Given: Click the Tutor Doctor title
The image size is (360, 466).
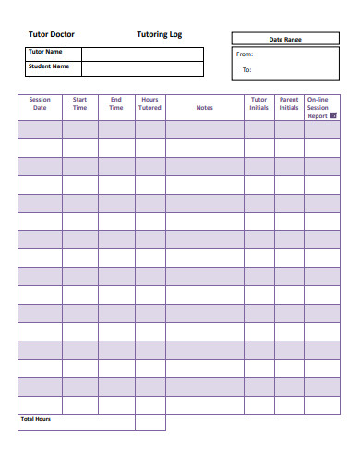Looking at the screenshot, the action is click(x=52, y=34).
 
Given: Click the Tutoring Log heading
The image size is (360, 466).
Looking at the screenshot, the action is click(x=160, y=34).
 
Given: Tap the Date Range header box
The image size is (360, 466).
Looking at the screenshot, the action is click(x=284, y=39).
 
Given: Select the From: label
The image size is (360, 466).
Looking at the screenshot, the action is click(x=245, y=54).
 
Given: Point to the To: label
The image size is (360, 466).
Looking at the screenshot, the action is click(x=246, y=69).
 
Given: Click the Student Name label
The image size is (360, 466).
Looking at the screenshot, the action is click(x=48, y=66).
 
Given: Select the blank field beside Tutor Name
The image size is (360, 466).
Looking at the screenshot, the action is click(x=142, y=54).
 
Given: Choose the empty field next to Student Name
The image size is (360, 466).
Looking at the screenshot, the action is click(x=142, y=68).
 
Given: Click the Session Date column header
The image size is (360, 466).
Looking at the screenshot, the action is click(x=40, y=103).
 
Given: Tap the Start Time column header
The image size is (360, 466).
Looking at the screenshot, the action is click(x=80, y=103).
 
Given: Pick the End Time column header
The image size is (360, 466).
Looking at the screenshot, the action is click(x=116, y=103).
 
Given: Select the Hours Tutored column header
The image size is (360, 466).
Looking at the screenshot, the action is click(x=150, y=103).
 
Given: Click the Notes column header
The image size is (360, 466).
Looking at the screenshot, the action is click(x=204, y=107).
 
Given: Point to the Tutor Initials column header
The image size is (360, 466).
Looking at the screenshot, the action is click(x=259, y=103).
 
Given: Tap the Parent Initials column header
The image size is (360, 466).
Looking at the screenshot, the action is click(x=289, y=103).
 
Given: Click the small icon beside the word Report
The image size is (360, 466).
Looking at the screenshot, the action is click(x=333, y=116).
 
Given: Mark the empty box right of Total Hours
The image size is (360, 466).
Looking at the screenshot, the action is click(x=150, y=423).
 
